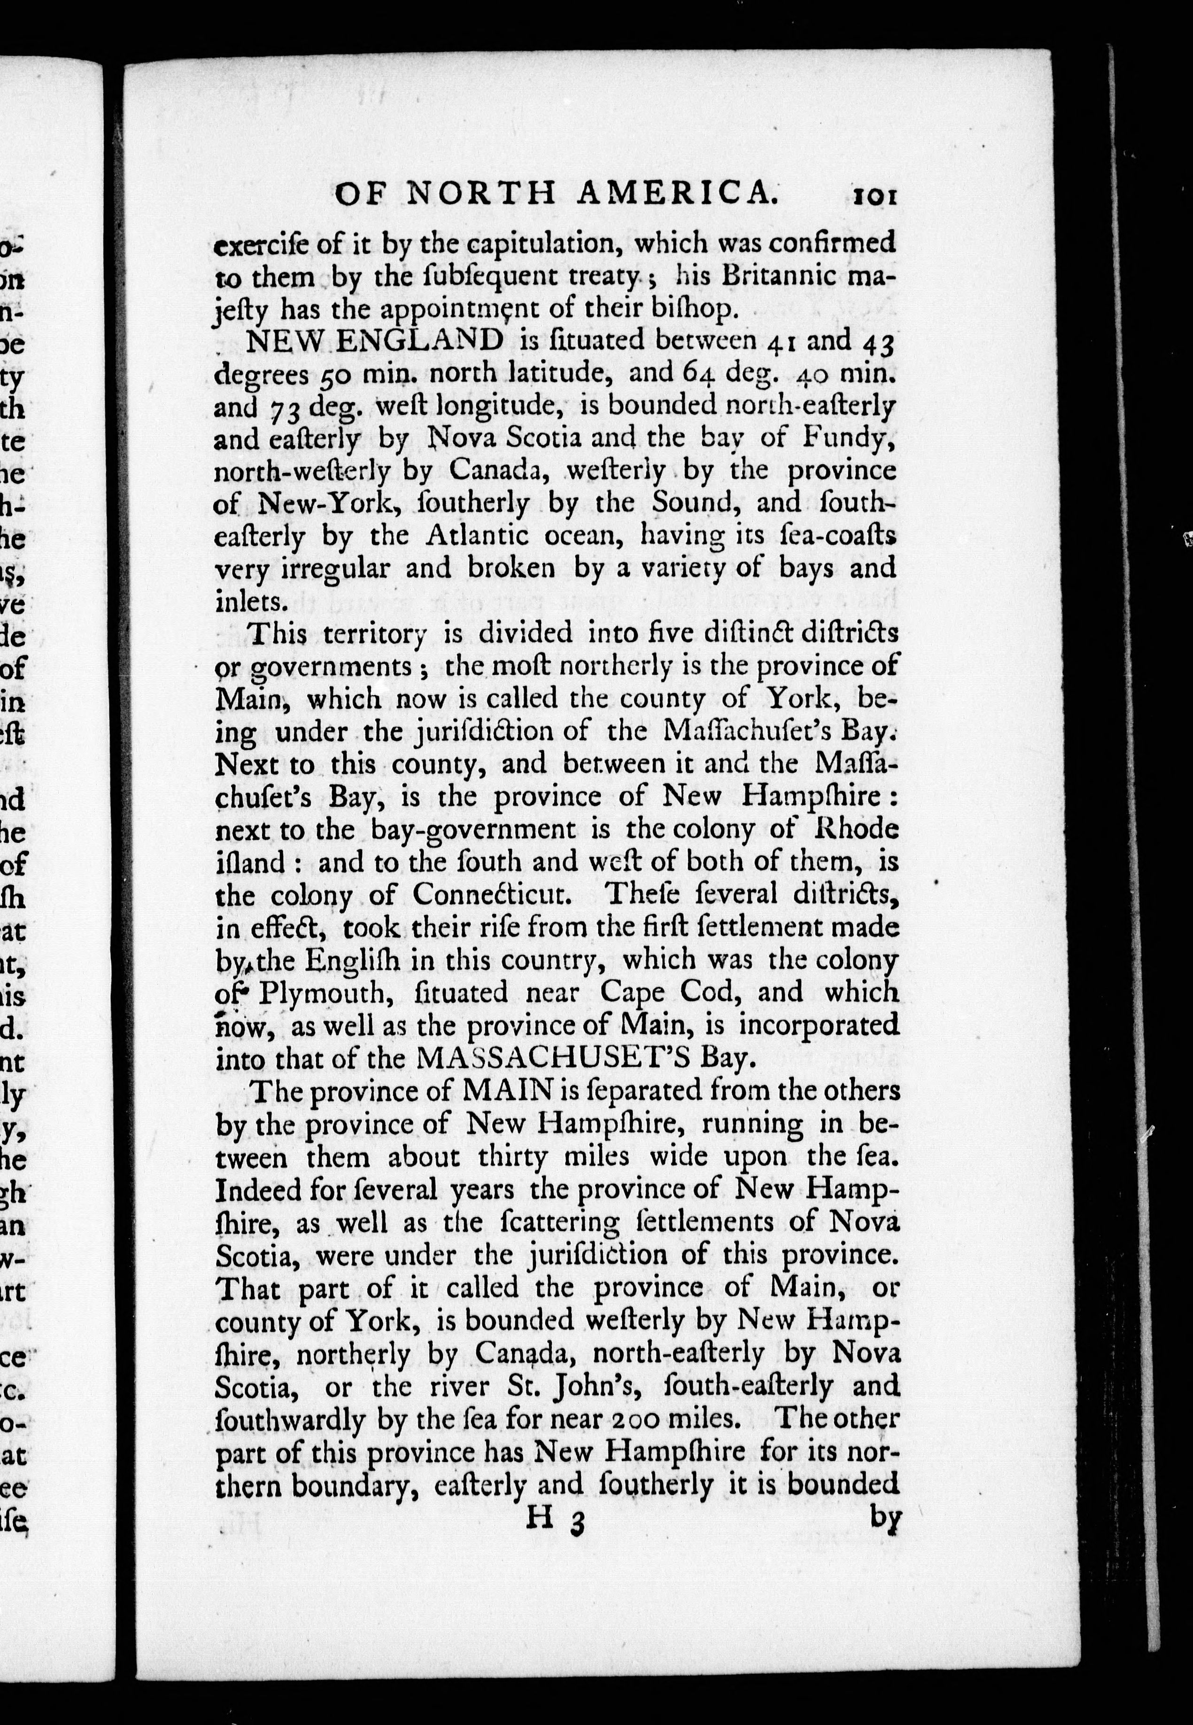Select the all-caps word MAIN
[x=508, y=1090]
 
